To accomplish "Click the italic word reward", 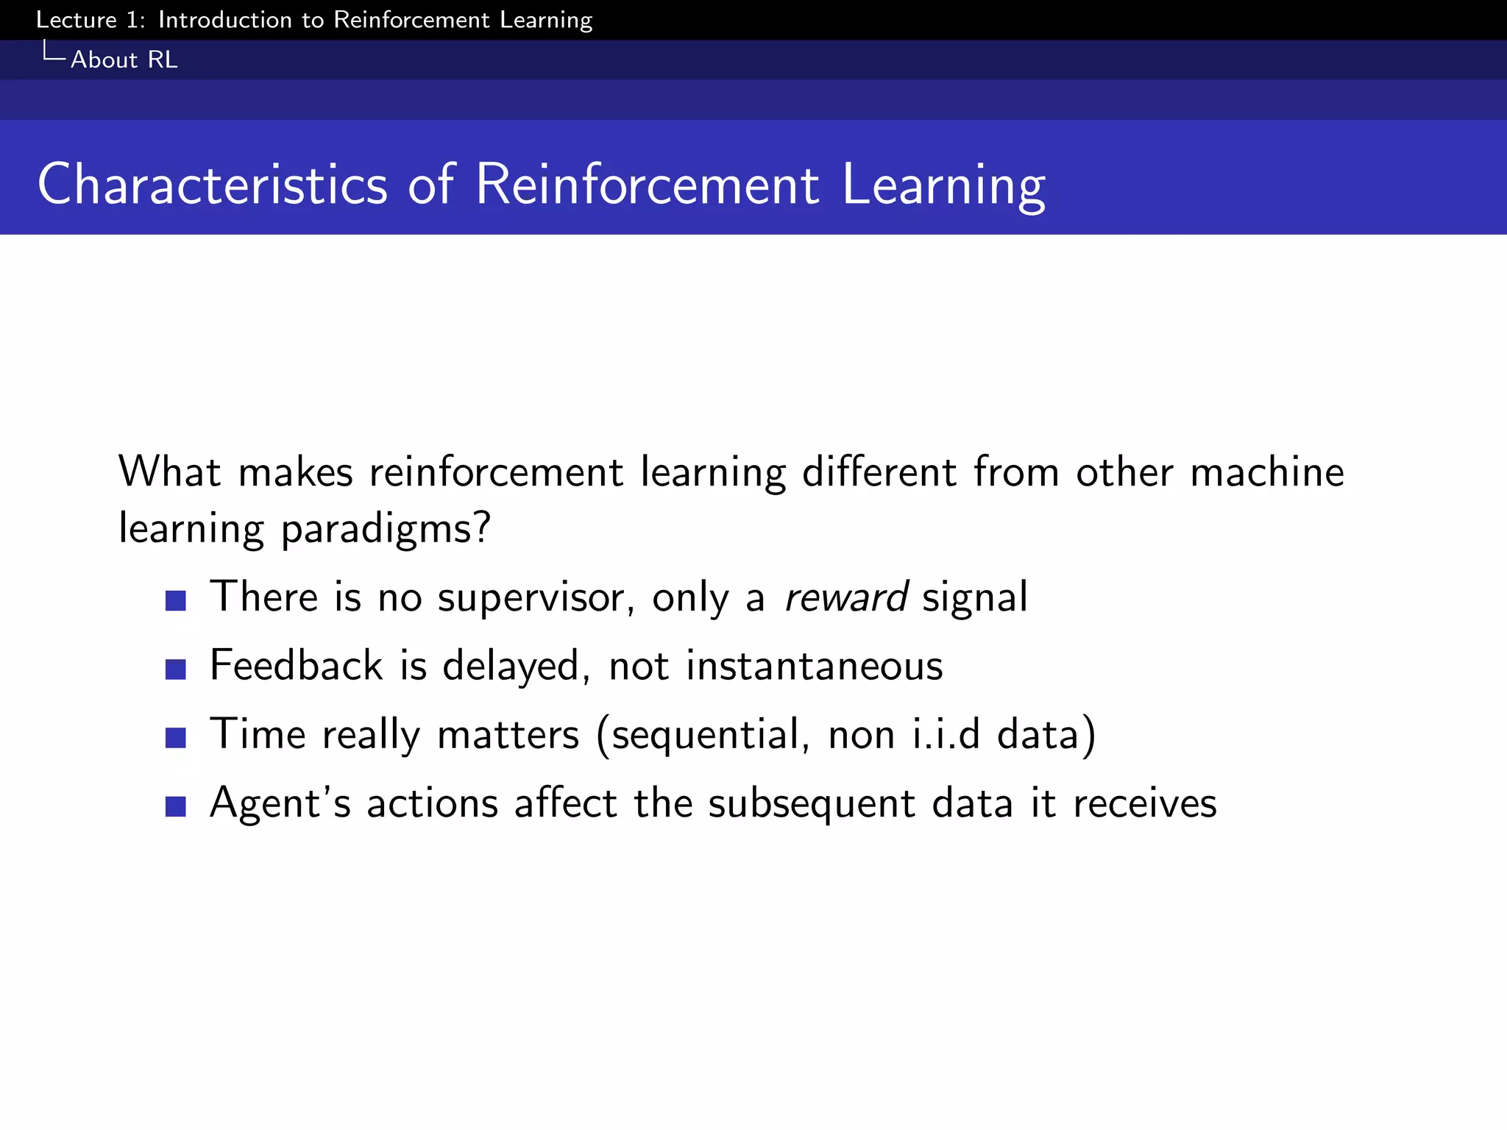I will (846, 597).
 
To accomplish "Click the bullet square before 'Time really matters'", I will (175, 737).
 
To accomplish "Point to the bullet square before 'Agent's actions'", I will (175, 806).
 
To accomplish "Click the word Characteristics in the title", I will (212, 184).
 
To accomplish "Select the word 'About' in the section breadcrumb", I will (104, 60).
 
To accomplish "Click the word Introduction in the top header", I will (224, 20).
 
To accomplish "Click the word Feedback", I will (296, 666).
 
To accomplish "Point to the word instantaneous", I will (814, 666).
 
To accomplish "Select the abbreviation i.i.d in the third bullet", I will (946, 734).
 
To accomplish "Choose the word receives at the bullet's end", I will (1144, 803).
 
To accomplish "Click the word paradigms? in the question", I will (386, 530).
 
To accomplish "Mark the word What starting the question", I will (169, 472).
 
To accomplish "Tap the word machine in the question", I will (1266, 472).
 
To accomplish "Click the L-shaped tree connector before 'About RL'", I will (54, 51).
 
